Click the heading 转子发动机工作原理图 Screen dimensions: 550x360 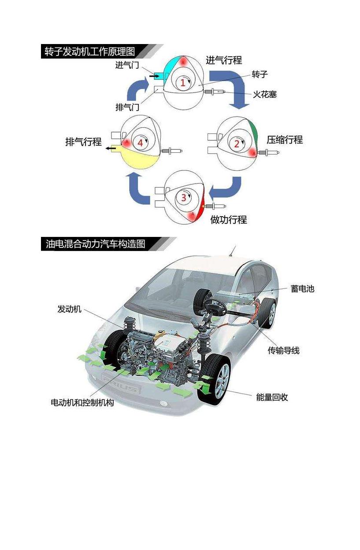point(89,52)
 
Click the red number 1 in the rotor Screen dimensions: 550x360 point(182,82)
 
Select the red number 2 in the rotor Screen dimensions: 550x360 point(237,144)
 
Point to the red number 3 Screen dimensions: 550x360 point(184,198)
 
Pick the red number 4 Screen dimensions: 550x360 point(140,143)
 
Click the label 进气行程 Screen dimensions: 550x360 point(224,60)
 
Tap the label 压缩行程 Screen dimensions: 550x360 point(285,140)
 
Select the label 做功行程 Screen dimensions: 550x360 point(228,219)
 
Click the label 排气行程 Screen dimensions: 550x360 point(84,142)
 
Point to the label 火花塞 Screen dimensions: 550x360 point(265,94)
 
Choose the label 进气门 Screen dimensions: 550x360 point(127,66)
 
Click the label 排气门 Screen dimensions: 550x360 point(127,107)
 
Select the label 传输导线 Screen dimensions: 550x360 point(284,351)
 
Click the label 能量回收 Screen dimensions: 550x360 point(272,397)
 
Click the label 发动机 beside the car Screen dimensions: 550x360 point(70,309)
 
